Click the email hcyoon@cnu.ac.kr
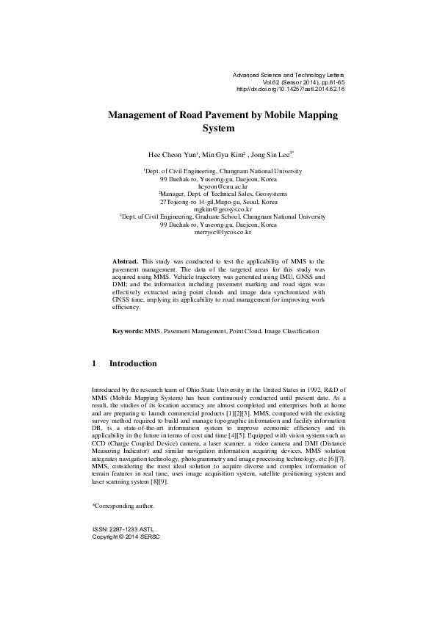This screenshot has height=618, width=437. coord(218,186)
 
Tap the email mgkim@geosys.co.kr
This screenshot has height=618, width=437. coord(218,209)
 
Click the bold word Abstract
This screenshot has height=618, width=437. coord(125,261)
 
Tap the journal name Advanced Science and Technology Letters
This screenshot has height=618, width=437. coord(287,75)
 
